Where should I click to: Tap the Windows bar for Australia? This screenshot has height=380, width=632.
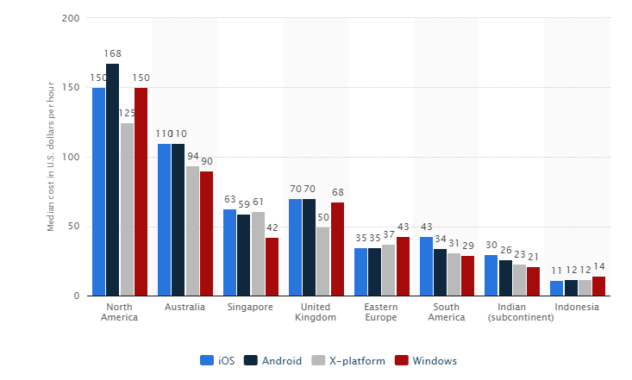point(206,234)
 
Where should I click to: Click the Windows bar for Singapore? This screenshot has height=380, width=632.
point(272,267)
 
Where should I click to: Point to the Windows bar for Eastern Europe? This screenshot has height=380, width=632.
point(403,266)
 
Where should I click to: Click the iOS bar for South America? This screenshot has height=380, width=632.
point(426,266)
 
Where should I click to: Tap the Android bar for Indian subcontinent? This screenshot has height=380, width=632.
point(505,277)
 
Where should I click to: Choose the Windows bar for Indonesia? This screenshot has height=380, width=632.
point(598,286)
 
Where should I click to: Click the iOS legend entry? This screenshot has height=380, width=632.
point(217,360)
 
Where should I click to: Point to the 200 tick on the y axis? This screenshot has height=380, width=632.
point(71,18)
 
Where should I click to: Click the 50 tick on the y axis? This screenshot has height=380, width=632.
point(74,227)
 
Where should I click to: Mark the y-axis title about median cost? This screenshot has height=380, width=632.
point(51,157)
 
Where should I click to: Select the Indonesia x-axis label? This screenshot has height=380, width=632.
point(578,307)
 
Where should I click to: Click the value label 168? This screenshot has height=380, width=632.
point(113,53)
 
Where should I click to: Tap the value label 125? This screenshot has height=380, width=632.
point(127,113)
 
